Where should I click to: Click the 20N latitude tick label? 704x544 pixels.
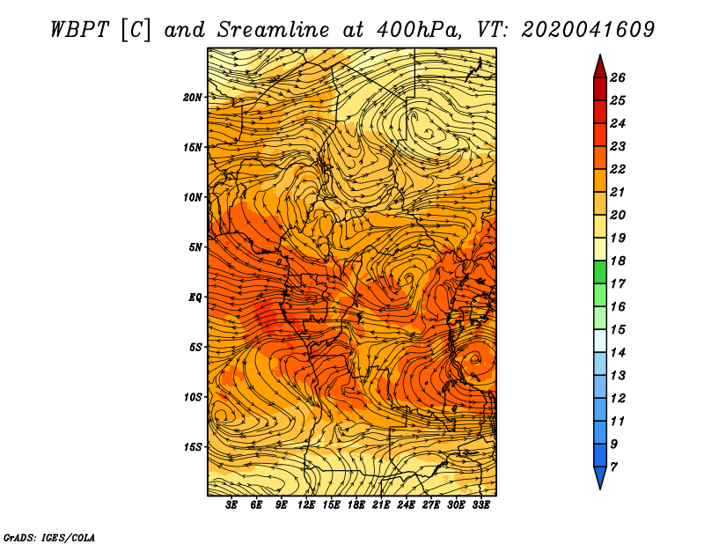(x=193, y=98)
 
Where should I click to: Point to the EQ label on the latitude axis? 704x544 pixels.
(x=195, y=298)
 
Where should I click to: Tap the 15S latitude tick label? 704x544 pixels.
(x=193, y=447)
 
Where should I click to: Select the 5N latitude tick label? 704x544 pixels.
(x=195, y=247)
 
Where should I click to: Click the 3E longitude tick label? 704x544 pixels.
(x=231, y=505)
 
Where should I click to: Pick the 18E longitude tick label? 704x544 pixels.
(x=356, y=505)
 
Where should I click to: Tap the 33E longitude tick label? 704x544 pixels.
(x=480, y=505)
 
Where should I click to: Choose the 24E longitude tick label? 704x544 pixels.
(x=406, y=505)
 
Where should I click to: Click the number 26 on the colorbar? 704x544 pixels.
(x=618, y=77)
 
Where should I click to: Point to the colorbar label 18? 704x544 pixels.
(x=618, y=261)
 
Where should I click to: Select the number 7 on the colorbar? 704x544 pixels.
(x=614, y=467)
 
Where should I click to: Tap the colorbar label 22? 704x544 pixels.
(x=618, y=169)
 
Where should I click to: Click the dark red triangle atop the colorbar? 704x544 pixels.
(x=600, y=68)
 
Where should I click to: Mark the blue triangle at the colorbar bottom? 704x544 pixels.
(x=600, y=476)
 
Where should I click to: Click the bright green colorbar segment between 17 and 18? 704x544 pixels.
(x=600, y=272)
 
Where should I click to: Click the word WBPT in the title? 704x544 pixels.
(x=79, y=30)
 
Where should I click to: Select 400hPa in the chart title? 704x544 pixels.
(x=419, y=30)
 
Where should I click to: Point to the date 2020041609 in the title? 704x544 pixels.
(x=588, y=30)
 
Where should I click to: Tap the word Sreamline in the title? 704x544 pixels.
(x=274, y=30)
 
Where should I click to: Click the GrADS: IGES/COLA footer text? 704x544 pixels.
(x=49, y=538)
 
